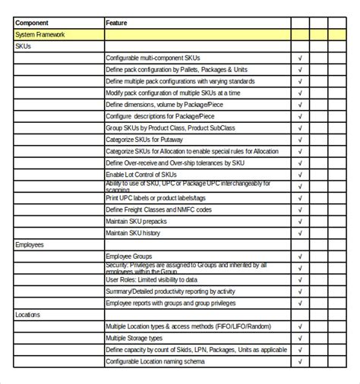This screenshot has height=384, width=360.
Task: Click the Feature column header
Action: pos(117,23)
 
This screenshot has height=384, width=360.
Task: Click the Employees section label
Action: pos(30,245)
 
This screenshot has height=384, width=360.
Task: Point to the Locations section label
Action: pos(28,313)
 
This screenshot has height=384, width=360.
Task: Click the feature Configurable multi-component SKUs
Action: pos(154,58)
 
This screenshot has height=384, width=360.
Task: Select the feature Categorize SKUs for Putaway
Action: pos(150,140)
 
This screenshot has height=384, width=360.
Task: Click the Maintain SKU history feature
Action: pos(133,233)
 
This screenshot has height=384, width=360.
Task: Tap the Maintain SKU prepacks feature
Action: pos(137,221)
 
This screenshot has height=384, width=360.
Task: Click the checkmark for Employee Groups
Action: pos(300,257)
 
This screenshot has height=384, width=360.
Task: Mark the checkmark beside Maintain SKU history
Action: pos(300,233)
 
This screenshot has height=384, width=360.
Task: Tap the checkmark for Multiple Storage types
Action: pos(300,338)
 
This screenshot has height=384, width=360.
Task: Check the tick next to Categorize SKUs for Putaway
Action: pos(300,140)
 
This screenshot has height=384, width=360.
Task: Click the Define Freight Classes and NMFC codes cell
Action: pos(162,209)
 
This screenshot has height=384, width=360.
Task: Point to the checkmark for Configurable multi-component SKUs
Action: pos(300,58)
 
